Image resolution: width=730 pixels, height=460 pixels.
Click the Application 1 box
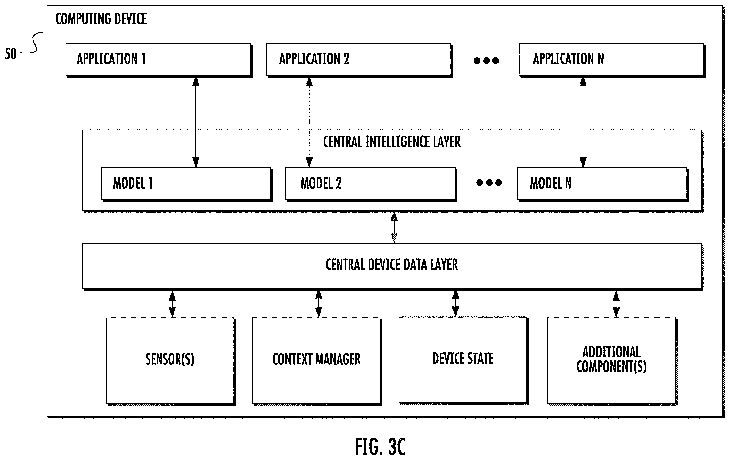(x=159, y=60)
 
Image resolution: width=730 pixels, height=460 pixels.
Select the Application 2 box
(x=359, y=60)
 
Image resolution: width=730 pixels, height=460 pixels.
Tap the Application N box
(x=612, y=60)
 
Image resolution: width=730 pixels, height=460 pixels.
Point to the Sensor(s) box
(x=171, y=361)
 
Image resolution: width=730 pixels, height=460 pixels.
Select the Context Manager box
(x=317, y=361)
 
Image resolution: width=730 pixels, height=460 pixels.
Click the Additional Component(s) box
(x=612, y=361)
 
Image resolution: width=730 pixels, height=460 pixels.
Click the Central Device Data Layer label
(x=392, y=265)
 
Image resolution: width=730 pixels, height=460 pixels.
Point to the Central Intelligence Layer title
(x=392, y=142)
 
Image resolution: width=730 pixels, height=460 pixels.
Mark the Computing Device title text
(x=101, y=19)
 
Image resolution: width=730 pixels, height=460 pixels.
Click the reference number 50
(x=11, y=54)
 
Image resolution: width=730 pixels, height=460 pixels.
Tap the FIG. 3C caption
(x=380, y=447)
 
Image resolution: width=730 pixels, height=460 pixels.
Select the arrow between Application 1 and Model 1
(x=196, y=122)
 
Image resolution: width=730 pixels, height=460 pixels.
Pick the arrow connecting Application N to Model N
(x=583, y=122)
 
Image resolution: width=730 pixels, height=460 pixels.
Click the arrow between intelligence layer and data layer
(x=394, y=227)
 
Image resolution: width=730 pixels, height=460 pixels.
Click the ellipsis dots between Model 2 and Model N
(x=489, y=182)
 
